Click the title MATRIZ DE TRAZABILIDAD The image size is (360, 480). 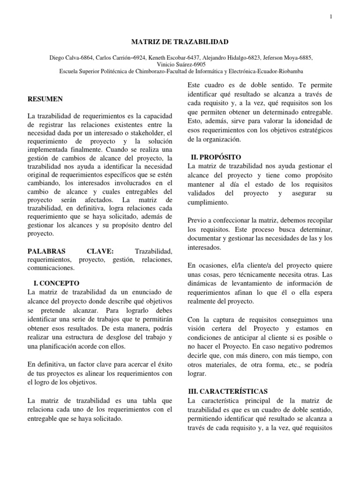coord(180,42)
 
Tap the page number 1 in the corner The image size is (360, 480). coord(331,17)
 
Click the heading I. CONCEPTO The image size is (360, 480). coord(56,283)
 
